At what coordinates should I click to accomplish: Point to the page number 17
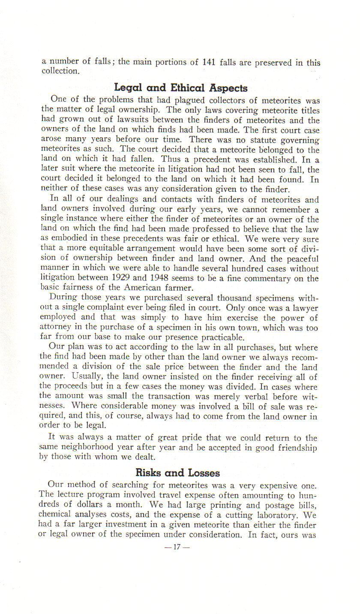point(180,547)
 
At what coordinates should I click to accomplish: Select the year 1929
point(135,279)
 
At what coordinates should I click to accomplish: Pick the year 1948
point(176,279)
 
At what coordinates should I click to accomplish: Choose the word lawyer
point(303,308)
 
